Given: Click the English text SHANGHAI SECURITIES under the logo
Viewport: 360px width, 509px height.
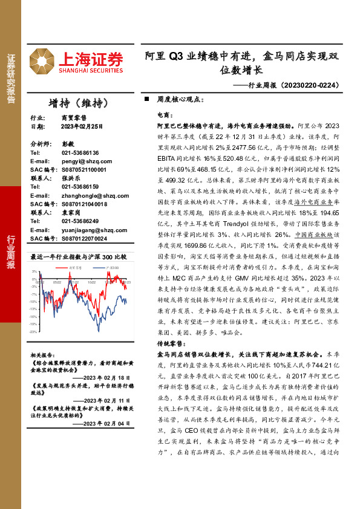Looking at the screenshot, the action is [91, 71].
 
